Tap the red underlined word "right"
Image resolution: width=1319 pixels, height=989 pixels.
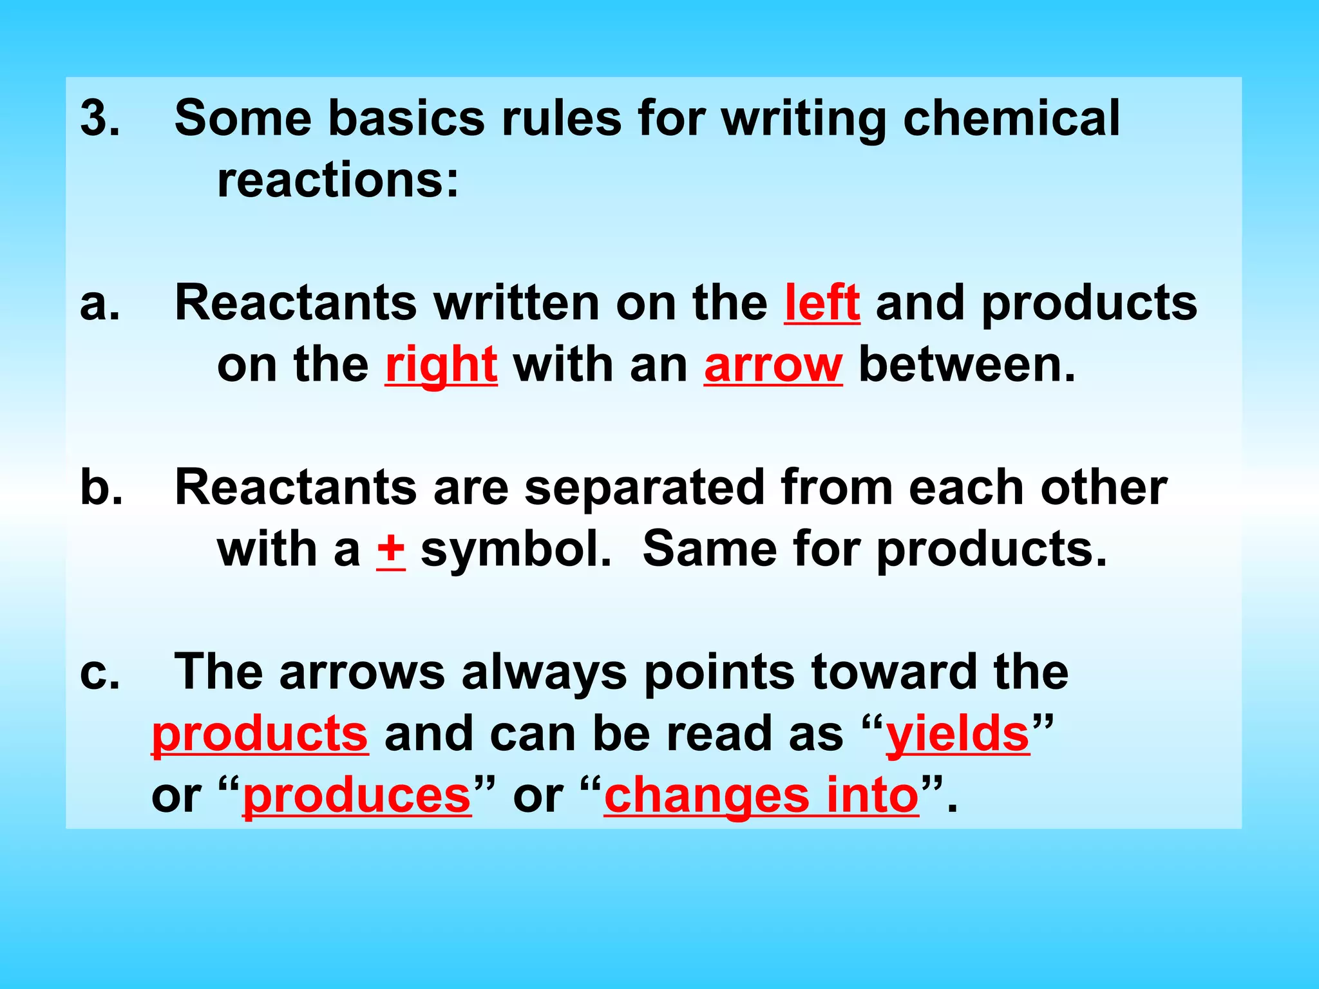click(x=441, y=365)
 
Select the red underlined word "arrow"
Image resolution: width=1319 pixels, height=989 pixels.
click(x=773, y=365)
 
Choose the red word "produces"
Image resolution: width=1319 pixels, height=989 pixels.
click(x=357, y=796)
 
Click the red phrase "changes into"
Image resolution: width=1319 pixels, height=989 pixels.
click(x=761, y=796)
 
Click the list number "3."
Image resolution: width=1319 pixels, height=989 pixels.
click(x=100, y=118)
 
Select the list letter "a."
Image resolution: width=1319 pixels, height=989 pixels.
click(x=100, y=304)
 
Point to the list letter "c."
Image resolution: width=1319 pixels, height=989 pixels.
click(x=100, y=673)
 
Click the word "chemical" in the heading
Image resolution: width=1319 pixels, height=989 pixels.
click(x=1011, y=118)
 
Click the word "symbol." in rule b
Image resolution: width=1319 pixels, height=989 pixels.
click(x=515, y=551)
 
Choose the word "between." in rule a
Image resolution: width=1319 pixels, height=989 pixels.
click(x=967, y=365)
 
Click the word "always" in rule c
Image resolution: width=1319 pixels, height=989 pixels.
click(x=544, y=673)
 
